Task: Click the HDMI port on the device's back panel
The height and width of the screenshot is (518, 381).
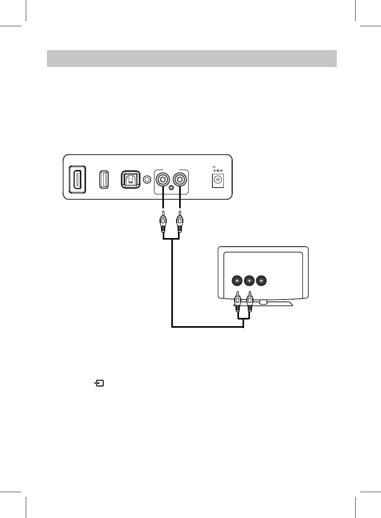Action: (x=77, y=179)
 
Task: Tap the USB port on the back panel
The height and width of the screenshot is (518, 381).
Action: (x=104, y=179)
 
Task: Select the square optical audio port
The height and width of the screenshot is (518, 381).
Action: (x=130, y=179)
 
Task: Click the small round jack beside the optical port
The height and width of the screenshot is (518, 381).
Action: (x=147, y=179)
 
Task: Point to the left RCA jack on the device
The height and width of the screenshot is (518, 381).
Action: (x=163, y=180)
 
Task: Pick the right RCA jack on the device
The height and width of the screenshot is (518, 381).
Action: (x=180, y=180)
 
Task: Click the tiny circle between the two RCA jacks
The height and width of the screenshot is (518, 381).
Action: (x=171, y=188)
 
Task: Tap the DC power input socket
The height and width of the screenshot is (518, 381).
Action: (x=217, y=181)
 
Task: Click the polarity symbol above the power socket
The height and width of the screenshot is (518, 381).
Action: (x=217, y=171)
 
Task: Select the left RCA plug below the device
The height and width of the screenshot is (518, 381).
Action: (x=163, y=224)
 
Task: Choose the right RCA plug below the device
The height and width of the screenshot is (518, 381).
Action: (x=180, y=224)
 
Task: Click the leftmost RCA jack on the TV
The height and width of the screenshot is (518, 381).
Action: (x=237, y=281)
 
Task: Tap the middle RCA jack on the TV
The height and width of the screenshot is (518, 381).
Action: (x=249, y=281)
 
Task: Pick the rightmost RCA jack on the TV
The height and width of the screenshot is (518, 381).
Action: (x=261, y=281)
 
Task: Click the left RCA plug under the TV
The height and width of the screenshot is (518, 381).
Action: (x=237, y=301)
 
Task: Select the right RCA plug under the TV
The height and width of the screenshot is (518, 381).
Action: (x=250, y=301)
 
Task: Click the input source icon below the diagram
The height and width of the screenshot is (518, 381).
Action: (x=99, y=383)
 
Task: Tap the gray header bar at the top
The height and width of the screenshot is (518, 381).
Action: (x=192, y=58)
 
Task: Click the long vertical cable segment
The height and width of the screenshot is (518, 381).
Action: (x=172, y=282)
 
